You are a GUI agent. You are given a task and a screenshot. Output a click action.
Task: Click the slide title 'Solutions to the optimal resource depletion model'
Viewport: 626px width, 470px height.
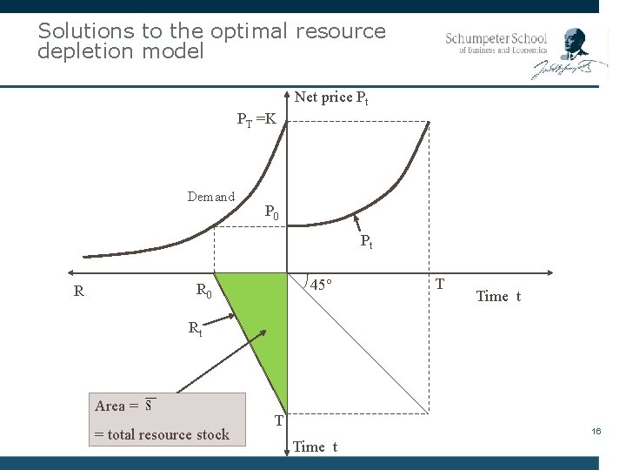tap(211, 41)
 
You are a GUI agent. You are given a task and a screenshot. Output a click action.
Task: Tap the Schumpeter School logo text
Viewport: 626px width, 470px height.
tap(496, 43)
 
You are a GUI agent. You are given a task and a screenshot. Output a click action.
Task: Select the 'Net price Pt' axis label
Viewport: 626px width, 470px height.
tap(331, 97)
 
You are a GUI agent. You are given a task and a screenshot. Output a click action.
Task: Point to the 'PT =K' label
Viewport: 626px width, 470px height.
tap(256, 119)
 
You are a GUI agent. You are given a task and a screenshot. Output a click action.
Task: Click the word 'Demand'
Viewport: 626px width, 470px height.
tap(210, 197)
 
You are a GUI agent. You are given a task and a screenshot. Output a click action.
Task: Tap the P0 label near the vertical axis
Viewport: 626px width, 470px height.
tap(271, 212)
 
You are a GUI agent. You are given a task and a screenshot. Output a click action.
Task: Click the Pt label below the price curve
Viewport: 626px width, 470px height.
tap(366, 242)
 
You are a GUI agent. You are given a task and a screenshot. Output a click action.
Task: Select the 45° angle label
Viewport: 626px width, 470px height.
tap(322, 285)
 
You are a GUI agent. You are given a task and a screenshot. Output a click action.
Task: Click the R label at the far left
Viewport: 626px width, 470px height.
tap(79, 292)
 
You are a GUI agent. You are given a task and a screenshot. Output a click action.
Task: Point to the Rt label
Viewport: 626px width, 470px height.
tap(196, 329)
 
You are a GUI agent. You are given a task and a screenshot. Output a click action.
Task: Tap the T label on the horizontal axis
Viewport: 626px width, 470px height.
tap(440, 285)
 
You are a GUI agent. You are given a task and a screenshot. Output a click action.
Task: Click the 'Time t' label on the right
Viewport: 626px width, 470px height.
tap(498, 297)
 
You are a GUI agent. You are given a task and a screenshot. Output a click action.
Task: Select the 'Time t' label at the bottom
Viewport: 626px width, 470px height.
tap(315, 447)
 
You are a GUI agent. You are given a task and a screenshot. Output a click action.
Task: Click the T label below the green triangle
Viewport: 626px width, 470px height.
tap(279, 420)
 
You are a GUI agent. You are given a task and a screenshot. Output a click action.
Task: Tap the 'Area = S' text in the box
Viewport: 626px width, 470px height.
tap(123, 406)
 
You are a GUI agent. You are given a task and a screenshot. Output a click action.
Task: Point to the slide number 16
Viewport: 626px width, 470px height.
tap(596, 432)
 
